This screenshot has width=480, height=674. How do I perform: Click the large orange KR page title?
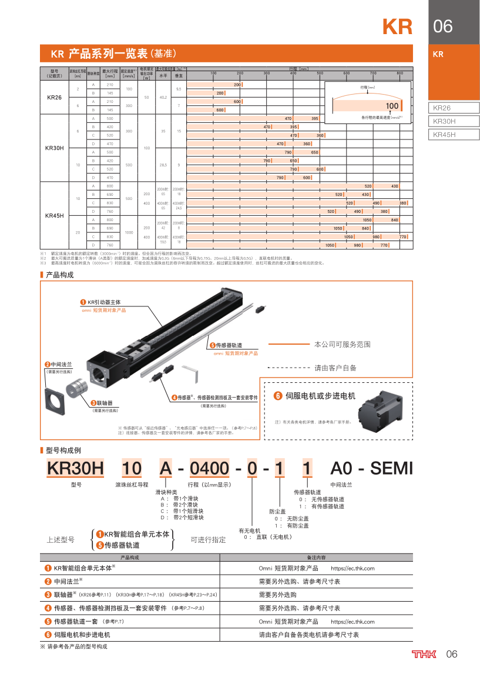397,26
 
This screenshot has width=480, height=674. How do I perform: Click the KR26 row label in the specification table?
54,96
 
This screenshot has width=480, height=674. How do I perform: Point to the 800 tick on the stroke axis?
400,73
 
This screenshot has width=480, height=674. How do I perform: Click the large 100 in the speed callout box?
392,106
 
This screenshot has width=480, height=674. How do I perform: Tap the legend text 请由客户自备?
335,368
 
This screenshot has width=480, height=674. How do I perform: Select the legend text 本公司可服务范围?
343,344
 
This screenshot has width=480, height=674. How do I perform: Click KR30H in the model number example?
75,468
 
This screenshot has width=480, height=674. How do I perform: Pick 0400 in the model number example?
210,468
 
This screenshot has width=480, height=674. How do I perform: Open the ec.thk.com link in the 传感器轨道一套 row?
353,621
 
